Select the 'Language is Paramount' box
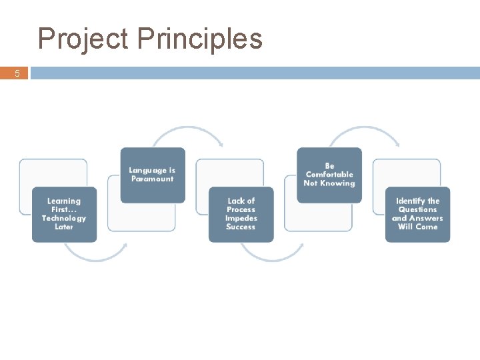pyautogui.click(x=152, y=175)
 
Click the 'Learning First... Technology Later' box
pyautogui.click(x=64, y=214)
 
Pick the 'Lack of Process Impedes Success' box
pyautogui.click(x=241, y=214)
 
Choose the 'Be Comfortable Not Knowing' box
pyautogui.click(x=329, y=175)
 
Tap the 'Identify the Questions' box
pyautogui.click(x=417, y=214)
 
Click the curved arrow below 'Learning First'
pyautogui.click(x=95, y=254)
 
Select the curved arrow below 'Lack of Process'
pyautogui.click(x=271, y=254)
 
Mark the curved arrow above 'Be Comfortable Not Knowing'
pyautogui.click(x=364, y=133)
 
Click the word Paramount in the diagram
pyautogui.click(x=152, y=179)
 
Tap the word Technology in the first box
pyautogui.click(x=64, y=218)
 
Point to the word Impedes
pyautogui.click(x=241, y=218)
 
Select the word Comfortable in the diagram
pyautogui.click(x=329, y=175)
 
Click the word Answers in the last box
pyautogui.click(x=427, y=218)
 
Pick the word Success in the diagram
pyautogui.click(x=241, y=227)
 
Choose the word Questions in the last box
pyautogui.click(x=417, y=209)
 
